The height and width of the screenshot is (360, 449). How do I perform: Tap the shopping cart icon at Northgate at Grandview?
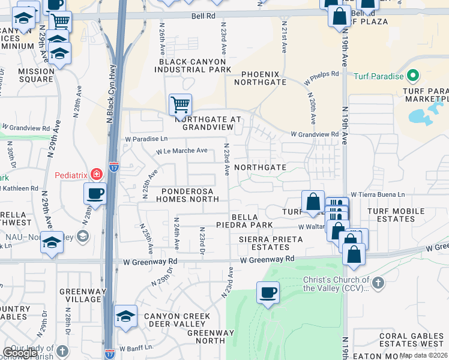[x=180, y=106]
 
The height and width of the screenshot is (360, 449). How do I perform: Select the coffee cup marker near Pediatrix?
[x=95, y=194]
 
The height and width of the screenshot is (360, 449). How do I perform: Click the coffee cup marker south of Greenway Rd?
[x=267, y=293]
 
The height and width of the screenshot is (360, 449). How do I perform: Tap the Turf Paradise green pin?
[x=412, y=76]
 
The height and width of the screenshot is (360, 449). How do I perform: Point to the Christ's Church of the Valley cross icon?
[x=378, y=283]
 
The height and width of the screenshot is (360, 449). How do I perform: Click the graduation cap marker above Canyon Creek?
[x=125, y=316]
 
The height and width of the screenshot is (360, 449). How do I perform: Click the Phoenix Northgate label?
[x=264, y=77]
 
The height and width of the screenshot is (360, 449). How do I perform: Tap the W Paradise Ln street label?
[x=146, y=139]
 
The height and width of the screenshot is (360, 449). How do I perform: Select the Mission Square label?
[x=36, y=75]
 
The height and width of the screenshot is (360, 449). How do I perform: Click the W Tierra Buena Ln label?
[x=378, y=194]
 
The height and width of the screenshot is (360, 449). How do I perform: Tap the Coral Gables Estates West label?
[x=411, y=340]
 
